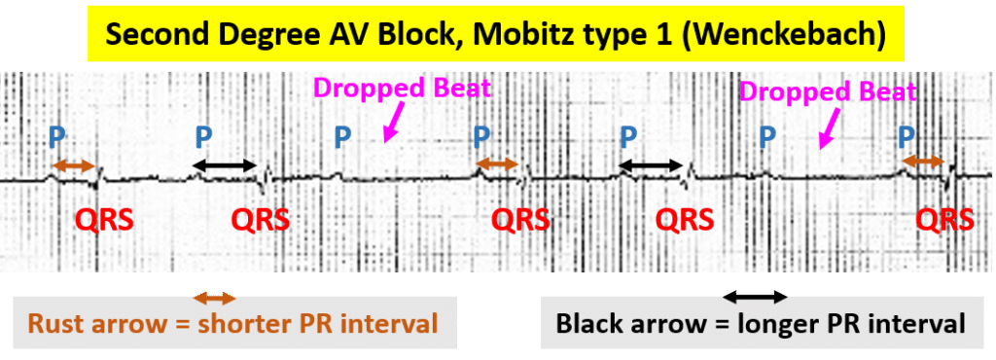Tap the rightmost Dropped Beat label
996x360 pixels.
[828, 92]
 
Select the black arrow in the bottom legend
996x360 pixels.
[754, 296]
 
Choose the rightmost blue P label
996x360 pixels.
[907, 136]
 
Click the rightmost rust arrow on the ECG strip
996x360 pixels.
[922, 159]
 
